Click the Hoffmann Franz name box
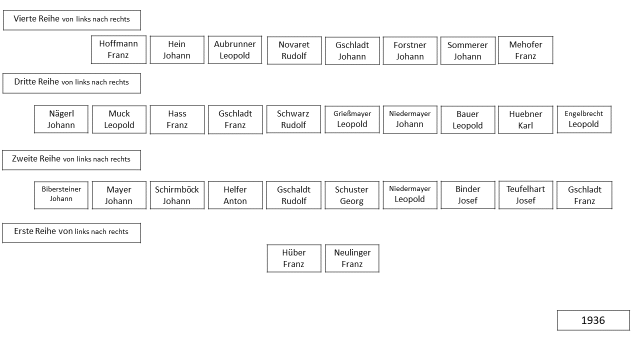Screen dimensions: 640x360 pos(118,49)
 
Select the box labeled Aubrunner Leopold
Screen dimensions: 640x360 pos(235,49)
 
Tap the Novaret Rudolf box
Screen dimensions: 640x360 pos(294,50)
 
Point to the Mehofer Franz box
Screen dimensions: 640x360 pos(525,50)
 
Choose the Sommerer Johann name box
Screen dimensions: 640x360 pos(467,50)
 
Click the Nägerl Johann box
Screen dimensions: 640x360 pos(61,119)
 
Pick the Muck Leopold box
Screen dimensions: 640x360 pos(119,119)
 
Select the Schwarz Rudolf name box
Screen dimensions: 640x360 pos(293,119)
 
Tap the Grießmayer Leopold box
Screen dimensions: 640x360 pos(352,119)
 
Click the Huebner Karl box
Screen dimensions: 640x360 pos(525,119)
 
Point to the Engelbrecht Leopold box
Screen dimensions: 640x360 pos(584,119)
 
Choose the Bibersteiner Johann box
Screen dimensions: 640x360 pos(61,195)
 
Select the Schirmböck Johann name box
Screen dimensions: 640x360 pos(177,195)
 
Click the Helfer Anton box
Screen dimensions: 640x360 pos(235,195)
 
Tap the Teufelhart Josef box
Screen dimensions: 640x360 pos(525,195)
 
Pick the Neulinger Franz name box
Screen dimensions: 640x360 pos(352,258)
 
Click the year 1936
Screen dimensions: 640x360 pos(593,320)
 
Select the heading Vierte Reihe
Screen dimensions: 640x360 pos(36,19)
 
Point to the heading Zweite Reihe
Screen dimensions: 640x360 pos(36,158)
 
